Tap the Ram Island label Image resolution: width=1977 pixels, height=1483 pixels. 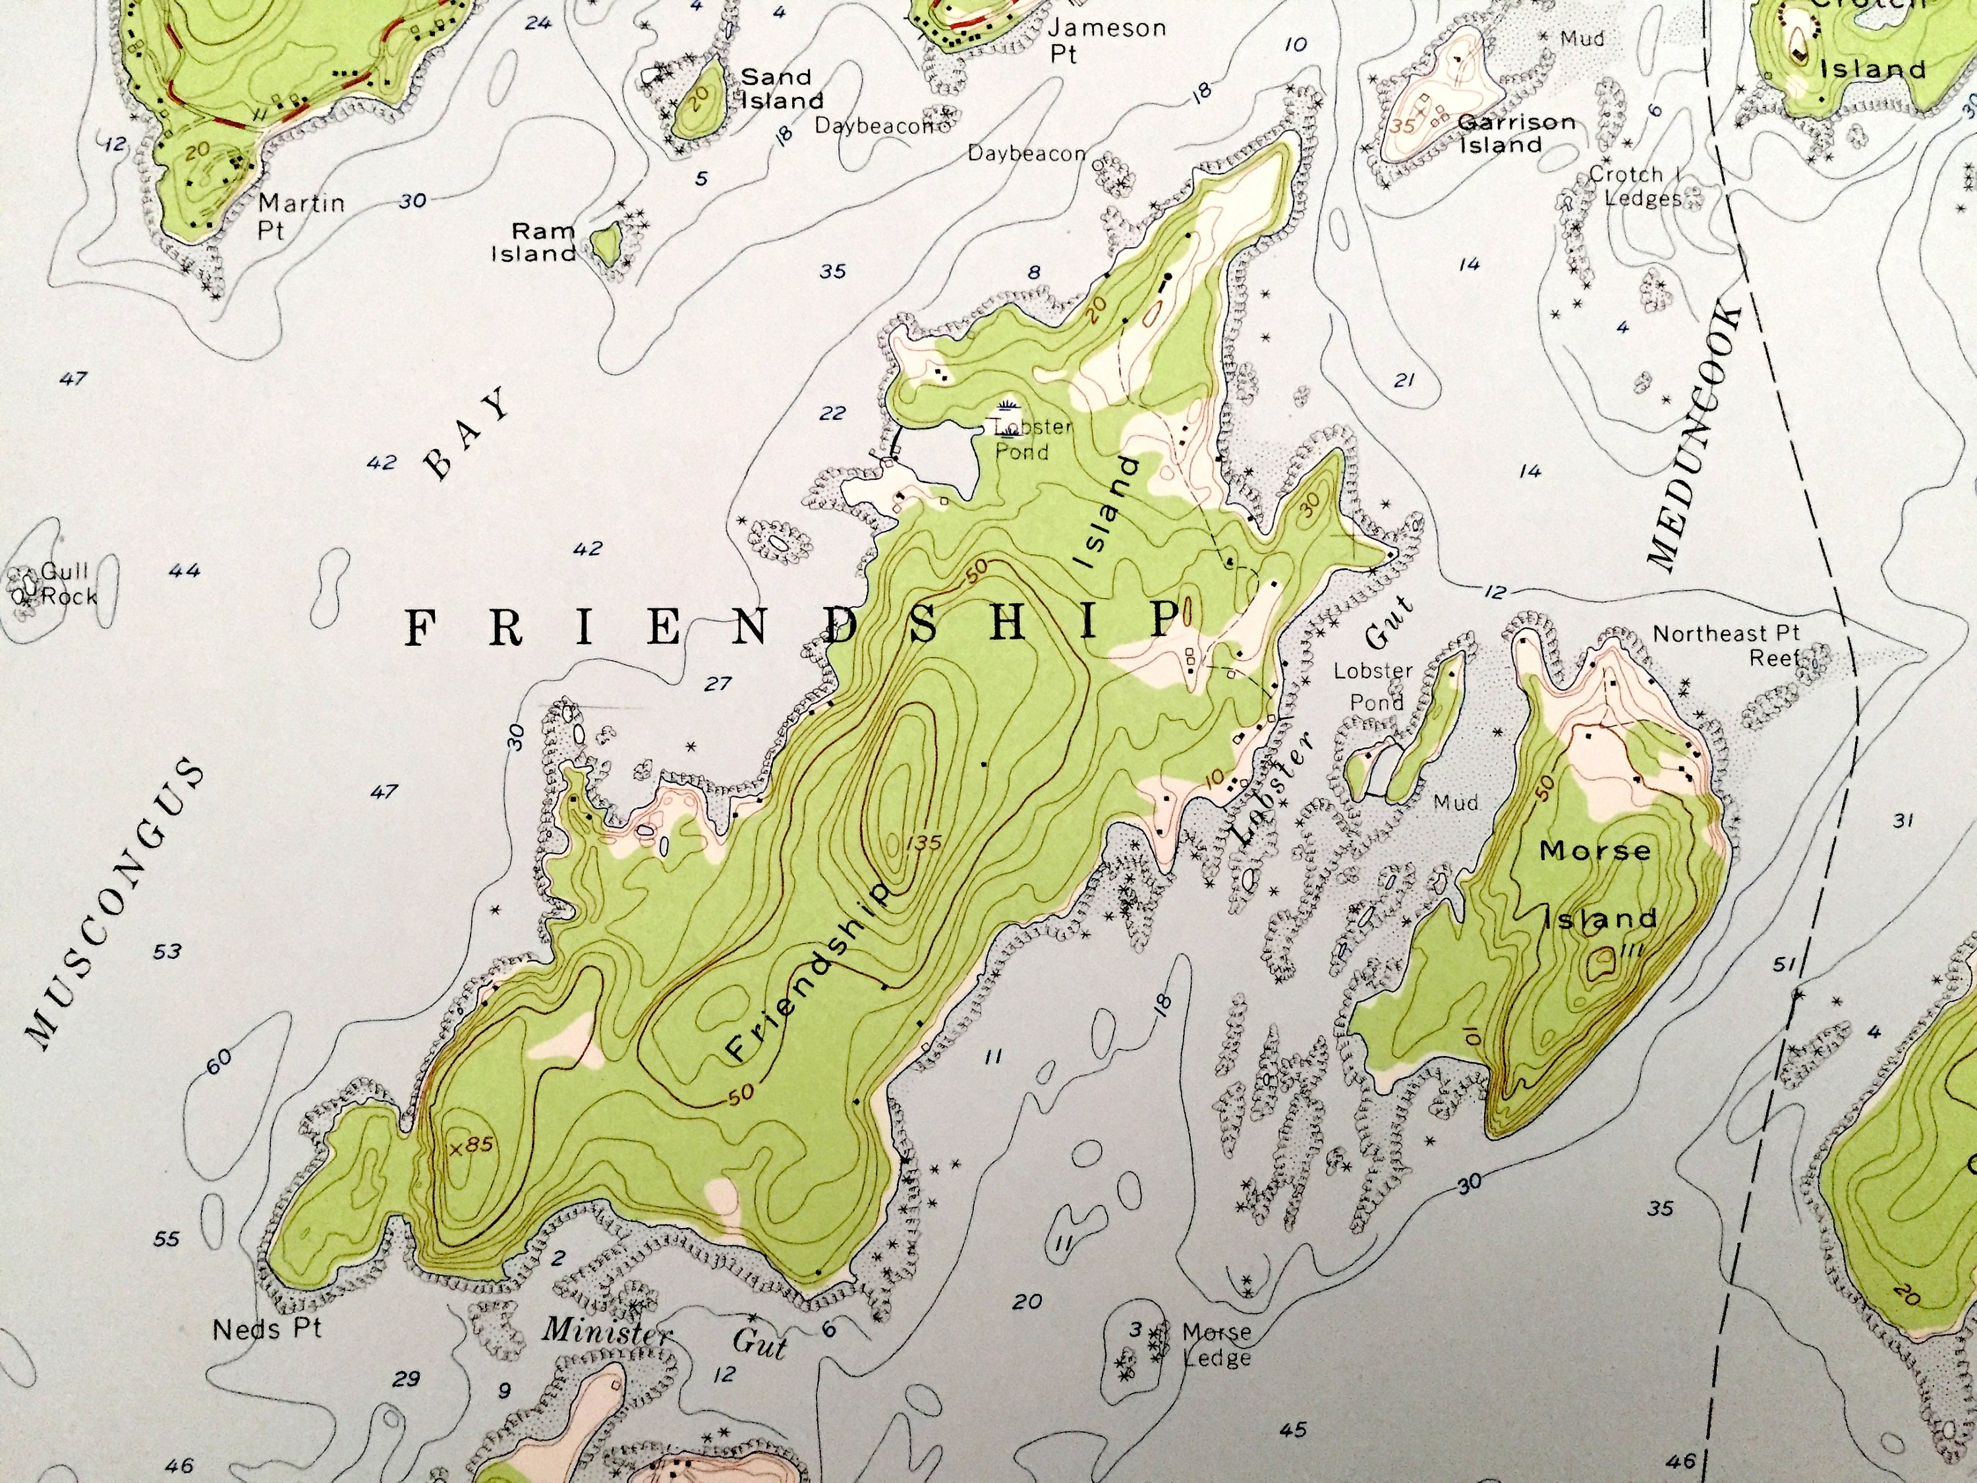(535, 243)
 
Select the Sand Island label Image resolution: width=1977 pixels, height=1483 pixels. (780, 88)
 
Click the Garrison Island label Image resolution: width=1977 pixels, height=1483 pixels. (1515, 133)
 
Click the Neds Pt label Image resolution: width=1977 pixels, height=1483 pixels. (268, 1329)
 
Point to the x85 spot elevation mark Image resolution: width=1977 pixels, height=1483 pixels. (471, 1146)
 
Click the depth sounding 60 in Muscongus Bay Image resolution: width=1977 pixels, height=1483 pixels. (219, 1059)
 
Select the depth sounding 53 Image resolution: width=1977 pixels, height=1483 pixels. (167, 951)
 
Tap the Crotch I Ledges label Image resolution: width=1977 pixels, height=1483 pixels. (1635, 186)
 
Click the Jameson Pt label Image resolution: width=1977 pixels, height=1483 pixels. (1106, 40)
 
